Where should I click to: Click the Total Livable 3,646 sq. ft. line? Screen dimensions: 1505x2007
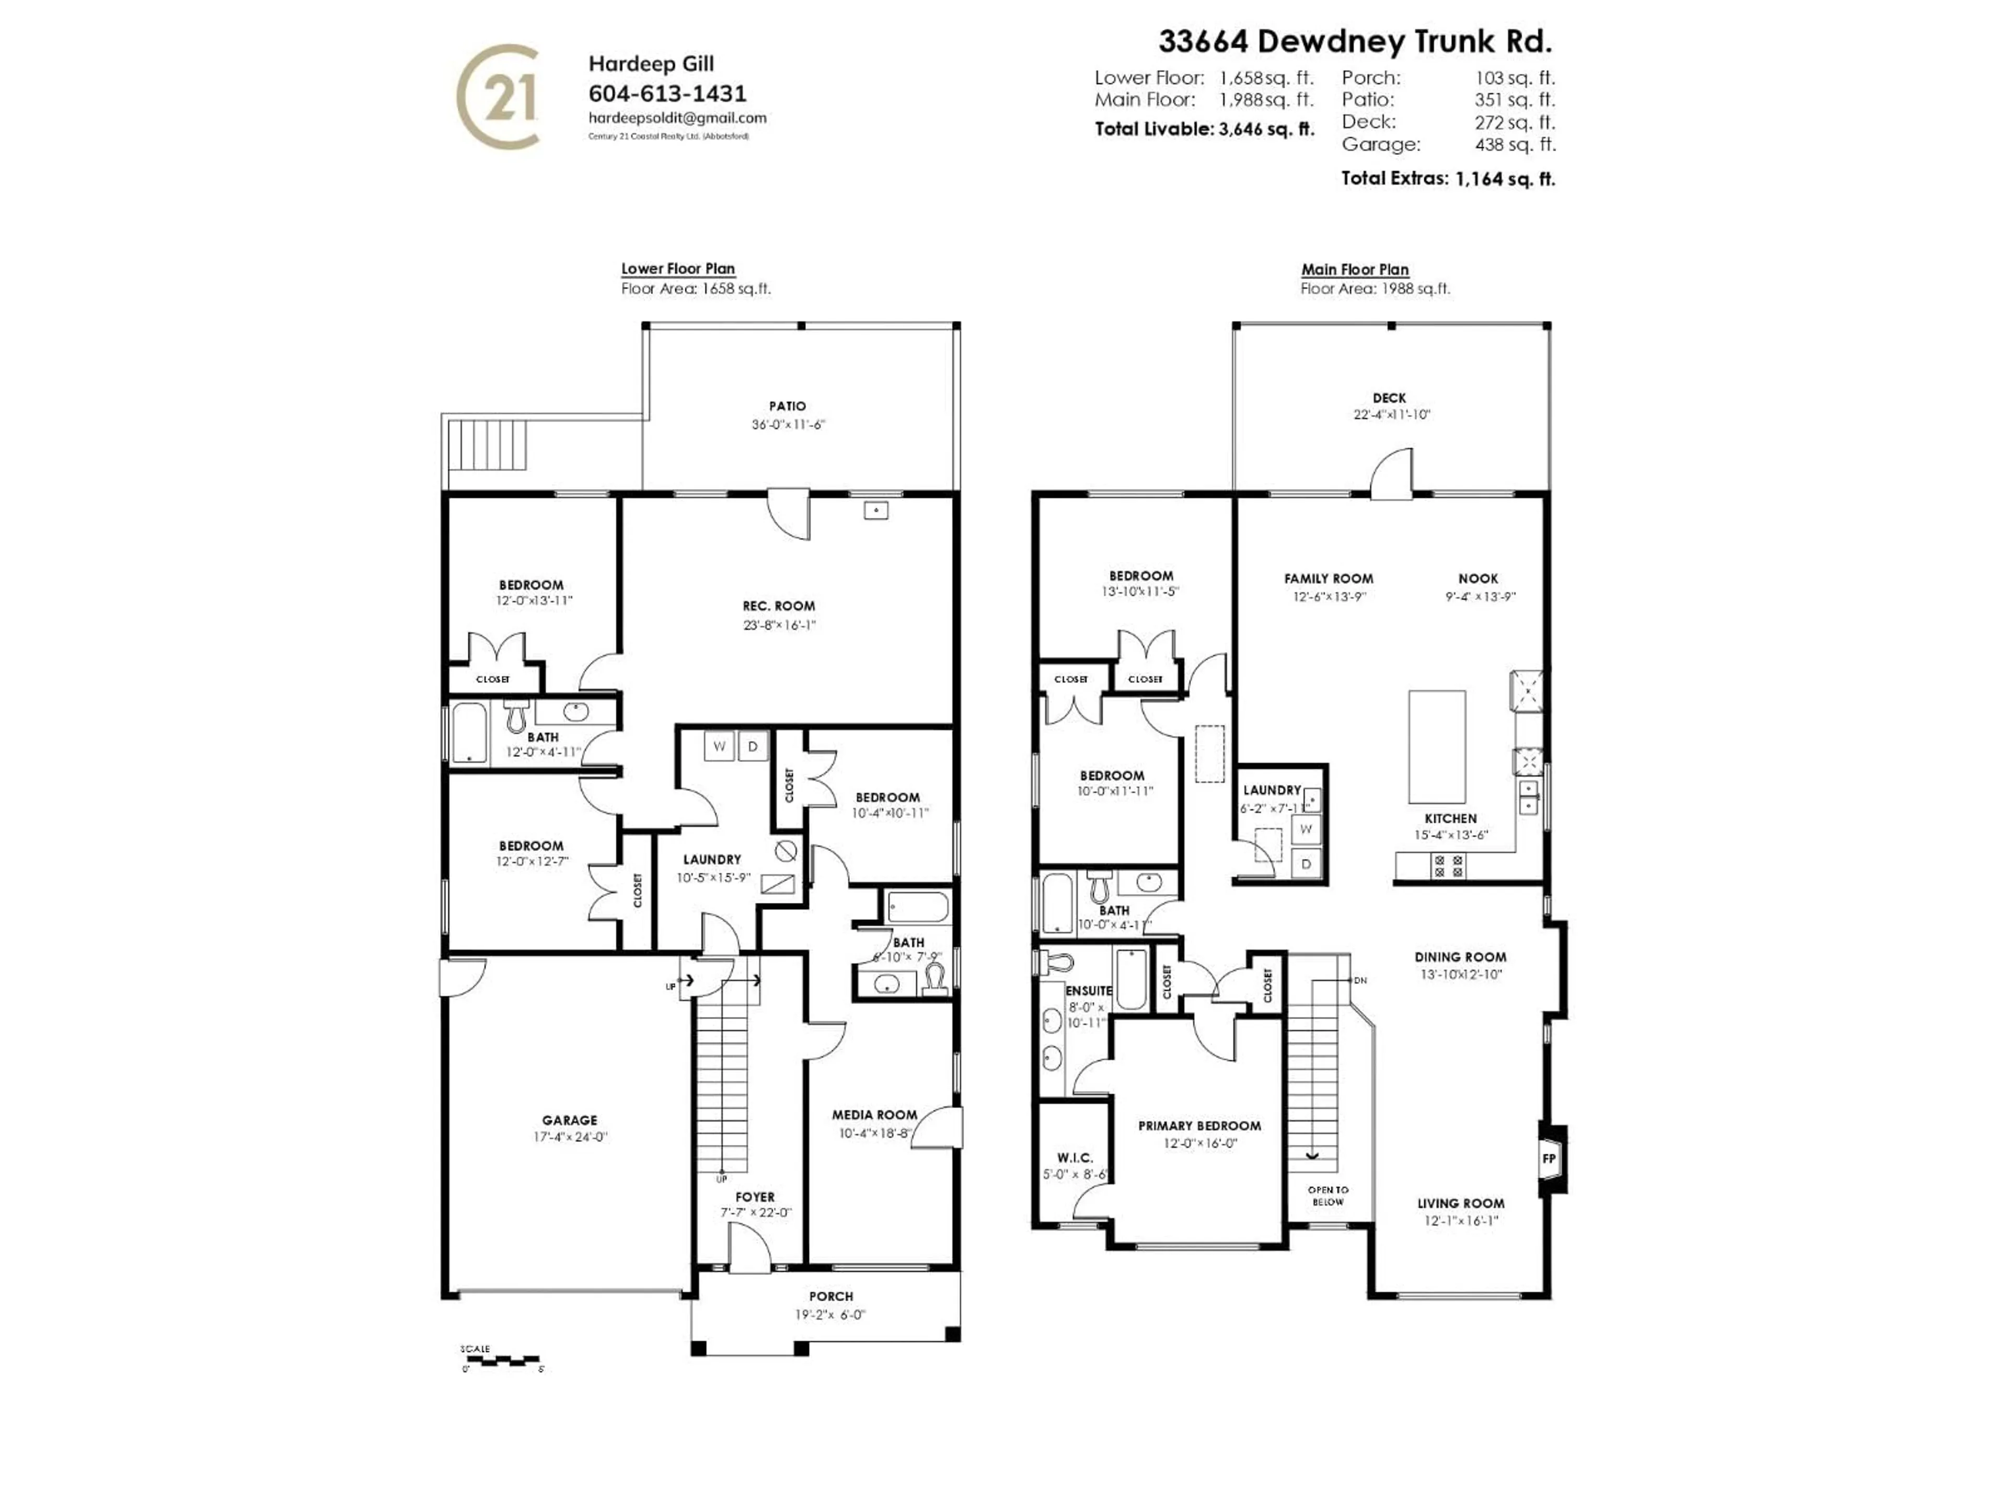click(x=1204, y=129)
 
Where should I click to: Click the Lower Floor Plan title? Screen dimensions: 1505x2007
click(x=678, y=269)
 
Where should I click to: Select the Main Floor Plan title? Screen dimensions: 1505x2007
click(x=1355, y=270)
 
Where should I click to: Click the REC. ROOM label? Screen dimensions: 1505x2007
click(x=778, y=606)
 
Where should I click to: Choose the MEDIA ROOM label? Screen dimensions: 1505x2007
click(x=874, y=1115)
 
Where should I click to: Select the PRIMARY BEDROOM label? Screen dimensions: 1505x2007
click(x=1199, y=1126)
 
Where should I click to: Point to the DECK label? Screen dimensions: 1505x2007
click(x=1389, y=398)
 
